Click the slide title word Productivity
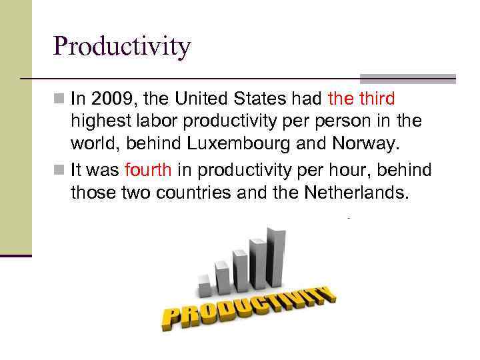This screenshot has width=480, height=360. coord(122,47)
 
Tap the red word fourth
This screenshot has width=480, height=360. coord(148,171)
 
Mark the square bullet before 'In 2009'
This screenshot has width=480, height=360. coord(60,100)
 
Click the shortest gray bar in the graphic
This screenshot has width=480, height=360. coord(205,287)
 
